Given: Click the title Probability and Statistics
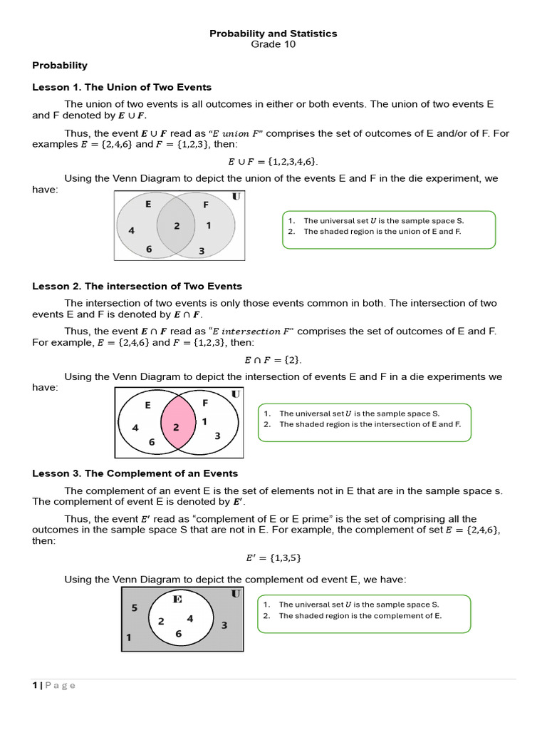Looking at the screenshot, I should tap(273, 34).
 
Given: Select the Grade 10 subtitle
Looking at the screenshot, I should tap(273, 44).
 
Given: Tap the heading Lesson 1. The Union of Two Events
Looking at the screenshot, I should tap(122, 87).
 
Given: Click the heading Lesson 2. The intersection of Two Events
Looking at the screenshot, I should tap(137, 286).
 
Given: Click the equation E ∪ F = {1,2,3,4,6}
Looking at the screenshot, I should tap(273, 162).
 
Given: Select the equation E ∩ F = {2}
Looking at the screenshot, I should tap(273, 360).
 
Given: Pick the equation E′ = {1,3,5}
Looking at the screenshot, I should tap(273, 558).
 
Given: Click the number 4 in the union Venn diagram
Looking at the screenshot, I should tap(131, 230).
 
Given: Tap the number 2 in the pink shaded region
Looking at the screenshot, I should tap(176, 427).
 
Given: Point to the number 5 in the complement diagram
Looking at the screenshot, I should tap(134, 608).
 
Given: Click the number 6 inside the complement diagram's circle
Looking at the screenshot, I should tap(178, 633).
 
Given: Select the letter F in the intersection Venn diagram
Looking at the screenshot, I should tap(205, 403).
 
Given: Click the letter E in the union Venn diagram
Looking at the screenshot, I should tap(148, 204).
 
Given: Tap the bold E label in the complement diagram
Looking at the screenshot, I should tap(177, 599).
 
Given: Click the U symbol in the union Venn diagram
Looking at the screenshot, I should tap(236, 196).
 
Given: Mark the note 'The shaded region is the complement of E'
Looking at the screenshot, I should tap(360, 616).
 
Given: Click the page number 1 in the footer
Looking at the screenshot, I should tap(34, 686).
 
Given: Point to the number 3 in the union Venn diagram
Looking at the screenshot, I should tap(202, 251).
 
